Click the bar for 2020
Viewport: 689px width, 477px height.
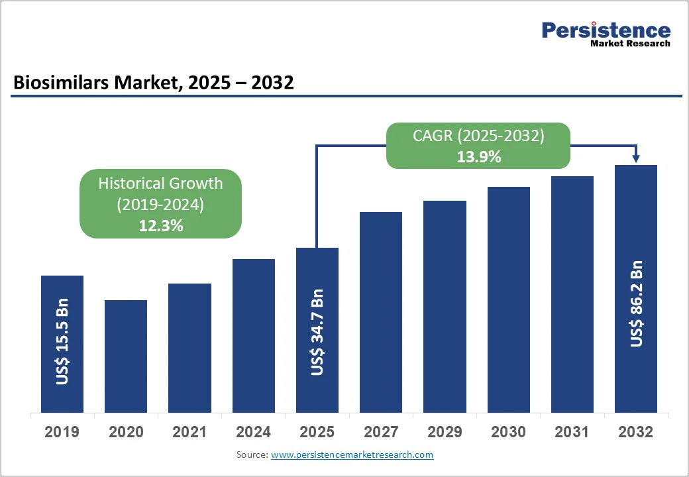click(x=126, y=356)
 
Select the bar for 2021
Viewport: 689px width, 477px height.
click(x=189, y=348)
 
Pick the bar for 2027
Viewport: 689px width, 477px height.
click(x=381, y=312)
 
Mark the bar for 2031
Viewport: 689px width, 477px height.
click(x=572, y=294)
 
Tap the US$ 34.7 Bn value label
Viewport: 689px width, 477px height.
click(x=317, y=333)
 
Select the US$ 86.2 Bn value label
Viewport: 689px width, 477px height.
click(x=637, y=303)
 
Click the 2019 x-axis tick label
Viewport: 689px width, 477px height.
click(x=62, y=433)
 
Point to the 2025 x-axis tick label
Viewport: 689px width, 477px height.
click(x=317, y=433)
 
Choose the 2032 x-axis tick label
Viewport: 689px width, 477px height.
click(x=636, y=433)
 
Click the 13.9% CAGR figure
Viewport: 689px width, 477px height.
click(x=478, y=158)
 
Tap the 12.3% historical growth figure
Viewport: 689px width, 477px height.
click(x=160, y=226)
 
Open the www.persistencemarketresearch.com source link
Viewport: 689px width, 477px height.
click(x=352, y=455)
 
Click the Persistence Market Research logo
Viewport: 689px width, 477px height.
click(x=606, y=34)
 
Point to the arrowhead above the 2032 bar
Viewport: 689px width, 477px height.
click(x=636, y=158)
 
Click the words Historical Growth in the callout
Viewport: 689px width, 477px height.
click(x=160, y=184)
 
